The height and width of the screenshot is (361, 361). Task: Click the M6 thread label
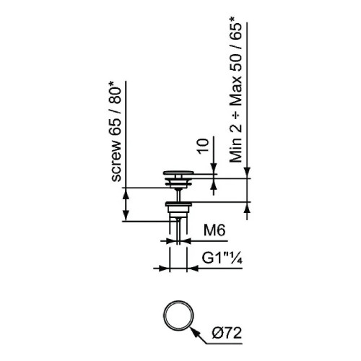(214, 230)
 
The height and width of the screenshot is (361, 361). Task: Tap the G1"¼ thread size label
(222, 258)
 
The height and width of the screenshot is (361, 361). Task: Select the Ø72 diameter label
(227, 334)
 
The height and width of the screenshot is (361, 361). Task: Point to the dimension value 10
(203, 146)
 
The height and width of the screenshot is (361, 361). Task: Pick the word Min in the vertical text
(235, 151)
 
